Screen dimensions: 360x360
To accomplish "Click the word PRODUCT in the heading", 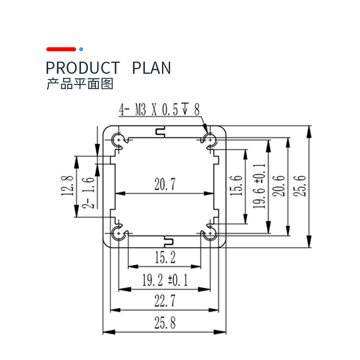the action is point(83,68).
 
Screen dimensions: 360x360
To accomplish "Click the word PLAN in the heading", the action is point(151,68).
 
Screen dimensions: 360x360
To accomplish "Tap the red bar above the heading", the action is point(61,49).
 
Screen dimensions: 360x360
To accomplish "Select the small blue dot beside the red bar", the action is point(81,49).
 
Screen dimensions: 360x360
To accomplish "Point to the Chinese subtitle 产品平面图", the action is point(80,84).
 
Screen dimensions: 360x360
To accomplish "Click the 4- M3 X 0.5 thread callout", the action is point(159,109).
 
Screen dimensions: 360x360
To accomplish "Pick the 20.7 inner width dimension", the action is point(165,184).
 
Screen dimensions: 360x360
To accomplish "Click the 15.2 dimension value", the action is point(165,257).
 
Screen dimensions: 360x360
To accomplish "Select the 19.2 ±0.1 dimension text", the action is point(165,280).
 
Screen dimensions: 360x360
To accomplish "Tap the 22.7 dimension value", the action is point(165,301).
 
